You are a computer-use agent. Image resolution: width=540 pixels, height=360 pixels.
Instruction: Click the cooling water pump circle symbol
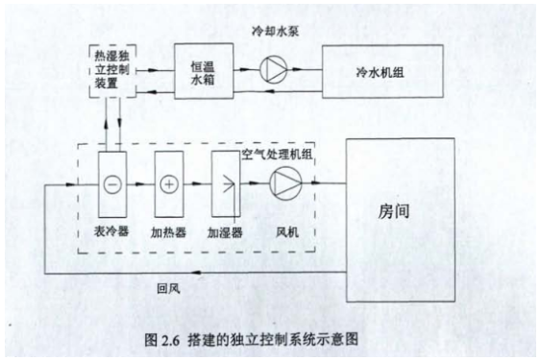(273, 69)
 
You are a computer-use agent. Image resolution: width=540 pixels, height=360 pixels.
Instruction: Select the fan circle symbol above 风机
(284, 182)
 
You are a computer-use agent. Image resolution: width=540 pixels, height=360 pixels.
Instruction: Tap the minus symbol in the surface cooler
(113, 182)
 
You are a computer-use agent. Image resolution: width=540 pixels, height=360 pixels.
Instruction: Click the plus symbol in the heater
(168, 182)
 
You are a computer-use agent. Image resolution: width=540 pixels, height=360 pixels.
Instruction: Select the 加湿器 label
(226, 231)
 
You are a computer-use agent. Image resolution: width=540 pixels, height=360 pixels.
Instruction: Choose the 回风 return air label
(170, 285)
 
